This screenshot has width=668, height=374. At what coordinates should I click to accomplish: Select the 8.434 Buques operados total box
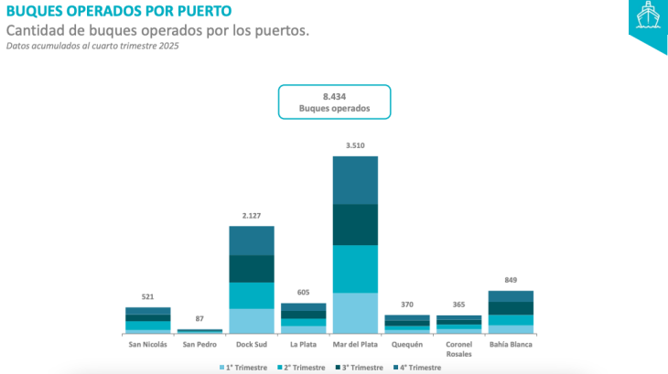point(334,102)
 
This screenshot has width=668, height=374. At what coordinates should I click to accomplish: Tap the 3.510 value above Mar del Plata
point(355,145)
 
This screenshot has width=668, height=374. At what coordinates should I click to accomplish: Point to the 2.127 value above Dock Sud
point(252,216)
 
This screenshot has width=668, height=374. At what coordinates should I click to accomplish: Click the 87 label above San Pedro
point(199,319)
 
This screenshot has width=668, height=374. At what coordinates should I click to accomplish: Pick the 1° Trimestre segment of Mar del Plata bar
point(355,313)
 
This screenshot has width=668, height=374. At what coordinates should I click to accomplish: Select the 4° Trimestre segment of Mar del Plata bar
point(355,180)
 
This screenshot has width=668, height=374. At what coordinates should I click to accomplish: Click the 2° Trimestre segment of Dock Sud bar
point(252,295)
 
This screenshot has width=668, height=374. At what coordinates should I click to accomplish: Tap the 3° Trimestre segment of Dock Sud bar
point(252,269)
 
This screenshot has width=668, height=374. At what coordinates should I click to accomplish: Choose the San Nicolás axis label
point(147,345)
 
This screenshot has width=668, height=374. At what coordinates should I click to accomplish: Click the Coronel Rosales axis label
point(459,349)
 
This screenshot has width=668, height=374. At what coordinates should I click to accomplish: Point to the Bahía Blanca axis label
point(511,345)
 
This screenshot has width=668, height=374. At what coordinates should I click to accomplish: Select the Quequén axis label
point(407,345)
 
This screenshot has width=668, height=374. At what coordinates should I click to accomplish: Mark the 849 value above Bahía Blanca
point(511,281)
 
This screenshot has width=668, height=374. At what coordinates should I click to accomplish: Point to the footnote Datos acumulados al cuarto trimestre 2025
point(92,47)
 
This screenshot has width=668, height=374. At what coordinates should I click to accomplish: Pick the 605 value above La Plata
point(303,293)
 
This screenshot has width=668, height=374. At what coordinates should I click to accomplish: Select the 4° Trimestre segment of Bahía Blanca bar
point(511,296)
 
